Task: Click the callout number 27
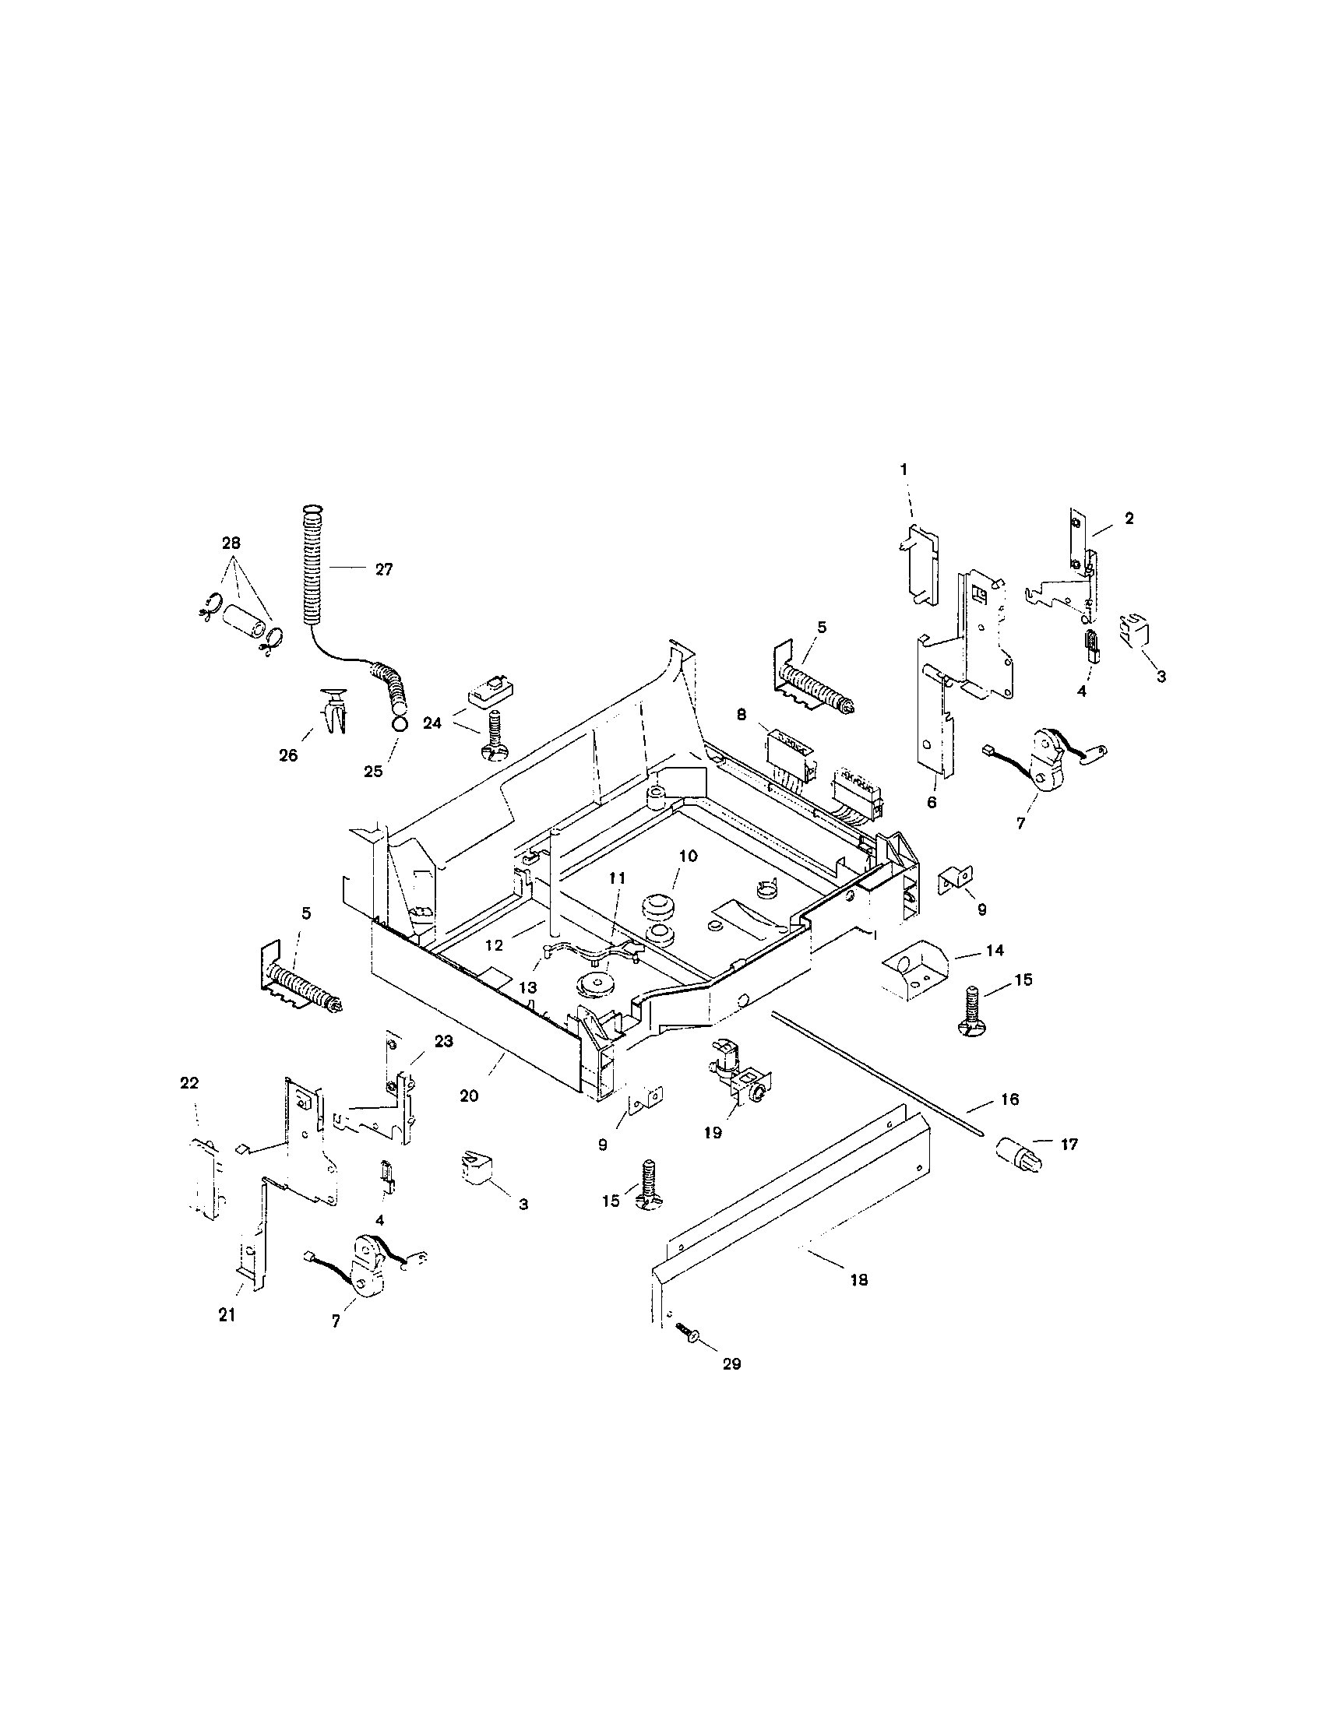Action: click(x=382, y=570)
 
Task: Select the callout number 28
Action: click(x=231, y=543)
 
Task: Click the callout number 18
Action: click(x=859, y=1279)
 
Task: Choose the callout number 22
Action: click(x=189, y=1083)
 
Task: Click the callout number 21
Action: click(x=227, y=1315)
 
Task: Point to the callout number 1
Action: click(x=903, y=469)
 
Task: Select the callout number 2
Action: click(x=1129, y=518)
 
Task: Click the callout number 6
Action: click(x=931, y=802)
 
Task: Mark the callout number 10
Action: click(x=687, y=856)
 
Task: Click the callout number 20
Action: click(x=468, y=1096)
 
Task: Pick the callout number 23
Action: click(x=443, y=1041)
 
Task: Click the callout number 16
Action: click(x=1009, y=1099)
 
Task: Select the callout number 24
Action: click(x=432, y=723)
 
